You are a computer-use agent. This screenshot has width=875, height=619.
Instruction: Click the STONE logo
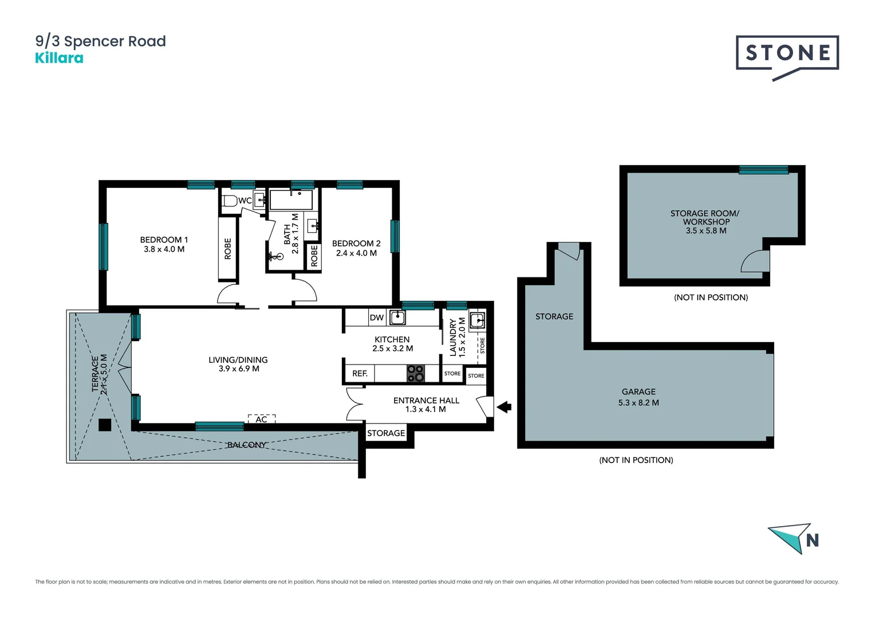click(787, 54)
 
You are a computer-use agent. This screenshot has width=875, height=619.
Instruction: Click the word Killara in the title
click(59, 58)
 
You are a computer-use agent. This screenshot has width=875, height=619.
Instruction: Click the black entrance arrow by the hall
click(503, 407)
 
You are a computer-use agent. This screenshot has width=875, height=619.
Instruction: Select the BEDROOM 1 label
click(164, 240)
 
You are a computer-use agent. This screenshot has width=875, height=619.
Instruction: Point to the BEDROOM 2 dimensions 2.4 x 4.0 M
click(356, 253)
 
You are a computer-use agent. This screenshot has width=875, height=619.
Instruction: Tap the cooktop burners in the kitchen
click(416, 373)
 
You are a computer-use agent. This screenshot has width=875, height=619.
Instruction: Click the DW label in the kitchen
click(376, 318)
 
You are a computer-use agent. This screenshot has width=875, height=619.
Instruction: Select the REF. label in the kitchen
click(360, 373)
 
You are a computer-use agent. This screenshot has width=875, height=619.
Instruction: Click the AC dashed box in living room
click(262, 419)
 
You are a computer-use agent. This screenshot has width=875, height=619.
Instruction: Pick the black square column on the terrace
click(105, 425)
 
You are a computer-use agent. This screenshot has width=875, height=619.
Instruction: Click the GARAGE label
click(638, 391)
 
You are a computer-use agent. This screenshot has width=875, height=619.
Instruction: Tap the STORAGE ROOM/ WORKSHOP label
click(705, 217)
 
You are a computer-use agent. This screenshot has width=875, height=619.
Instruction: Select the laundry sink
click(476, 320)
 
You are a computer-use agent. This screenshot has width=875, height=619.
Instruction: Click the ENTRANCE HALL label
click(426, 400)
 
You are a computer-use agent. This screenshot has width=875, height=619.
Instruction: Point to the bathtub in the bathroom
click(291, 200)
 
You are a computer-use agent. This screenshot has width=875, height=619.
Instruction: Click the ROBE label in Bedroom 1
click(228, 249)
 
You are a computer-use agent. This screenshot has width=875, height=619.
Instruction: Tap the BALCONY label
click(246, 445)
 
